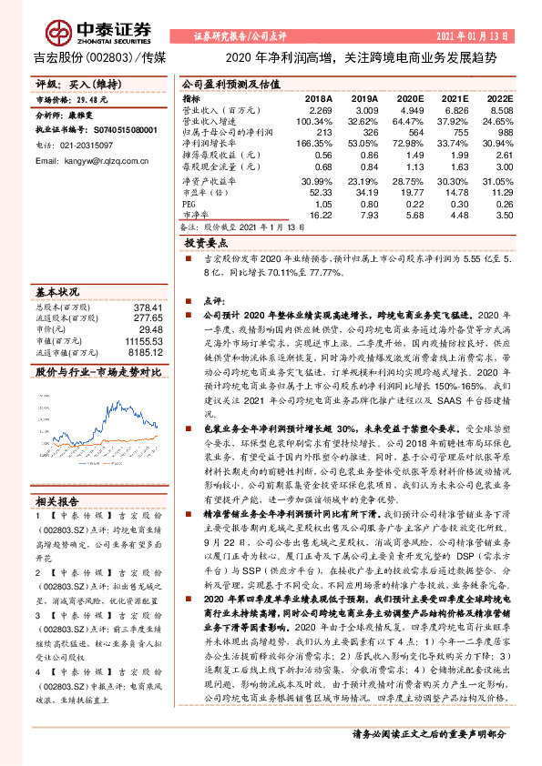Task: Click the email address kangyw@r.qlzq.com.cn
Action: (99, 160)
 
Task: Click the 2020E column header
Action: (410, 97)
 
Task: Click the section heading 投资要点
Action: (206, 245)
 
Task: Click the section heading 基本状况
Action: (56, 293)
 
